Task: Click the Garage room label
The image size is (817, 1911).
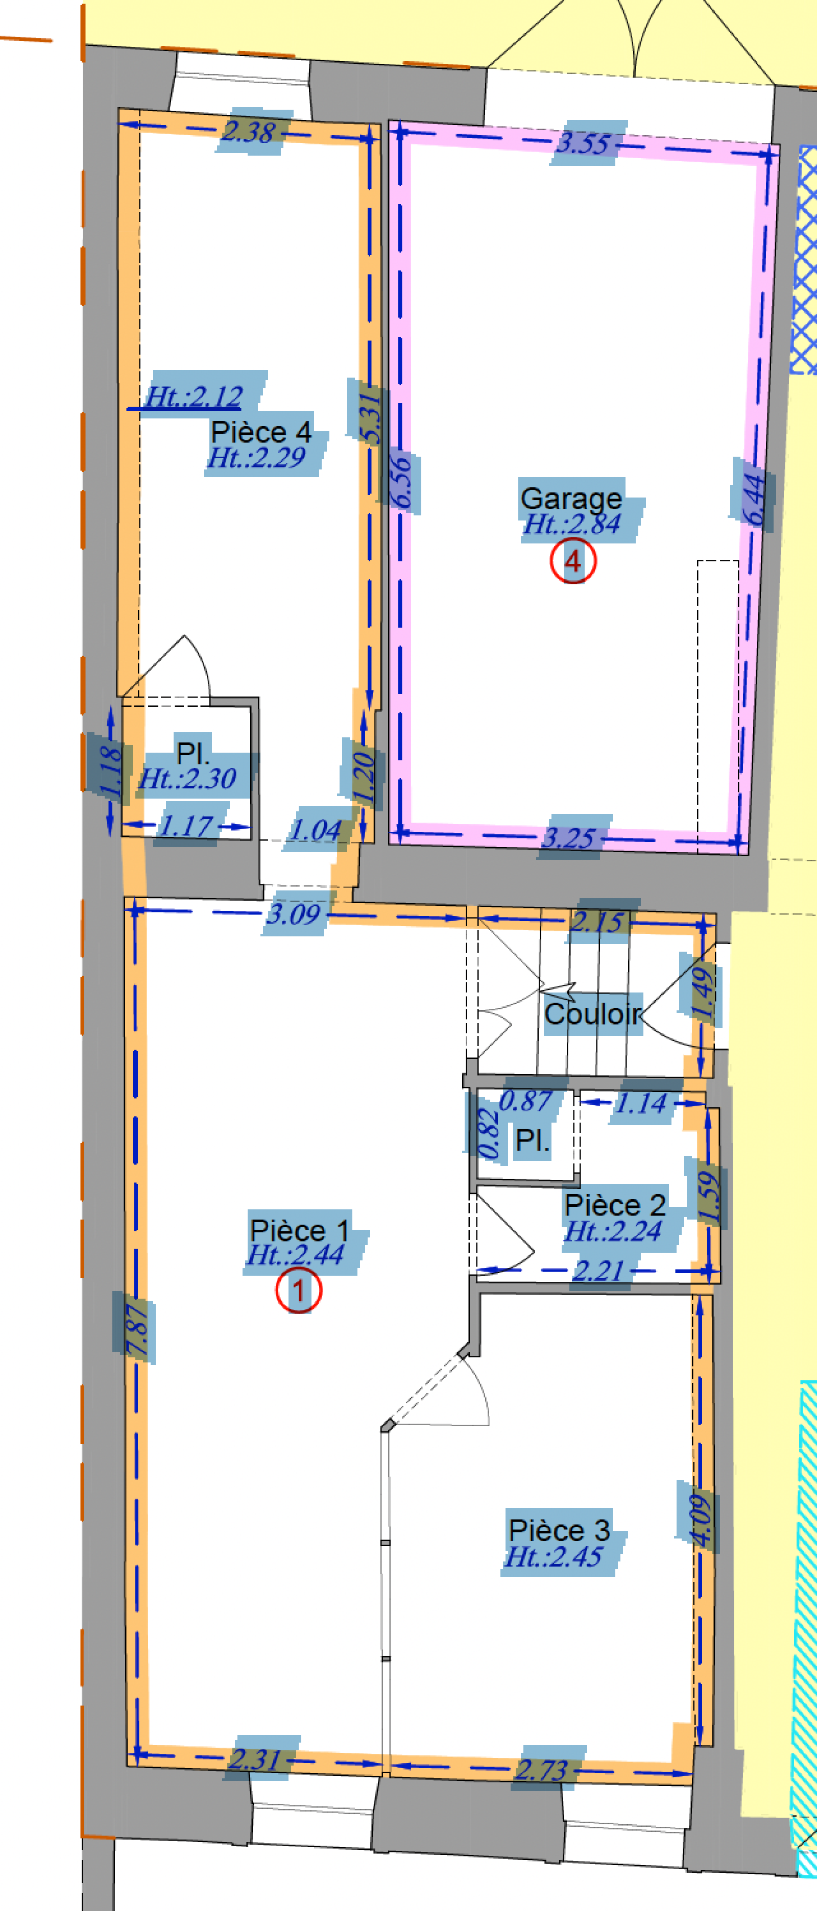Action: tap(571, 499)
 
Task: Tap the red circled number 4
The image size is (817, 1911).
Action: tap(573, 562)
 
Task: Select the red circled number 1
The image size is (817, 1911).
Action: tap(298, 1292)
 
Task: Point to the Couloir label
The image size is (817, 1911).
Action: tap(593, 1013)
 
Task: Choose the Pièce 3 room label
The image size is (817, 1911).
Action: tap(559, 1530)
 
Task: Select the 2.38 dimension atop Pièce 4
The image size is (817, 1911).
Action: tap(249, 132)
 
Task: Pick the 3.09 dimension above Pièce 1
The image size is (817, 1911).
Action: tap(294, 914)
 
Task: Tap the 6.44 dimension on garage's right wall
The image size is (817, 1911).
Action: tap(753, 501)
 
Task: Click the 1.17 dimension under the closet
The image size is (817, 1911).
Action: tap(186, 826)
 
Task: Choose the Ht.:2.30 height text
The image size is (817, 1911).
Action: tap(187, 779)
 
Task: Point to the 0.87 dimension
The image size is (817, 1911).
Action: tap(525, 1101)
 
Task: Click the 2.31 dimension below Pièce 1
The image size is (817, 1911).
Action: tap(254, 1759)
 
